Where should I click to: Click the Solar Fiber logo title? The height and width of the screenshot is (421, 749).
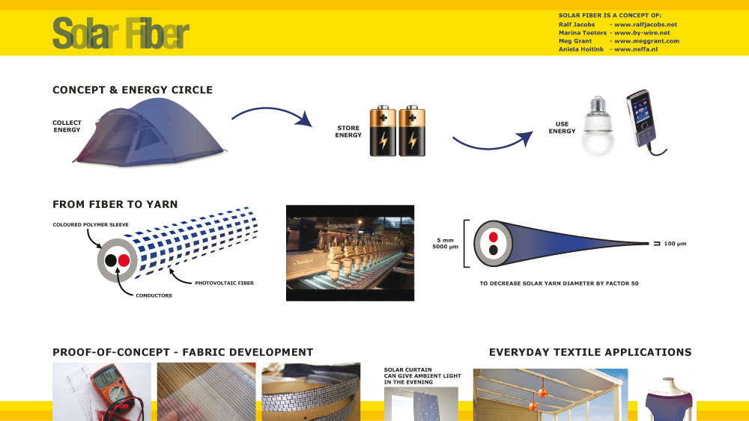coord(121,33)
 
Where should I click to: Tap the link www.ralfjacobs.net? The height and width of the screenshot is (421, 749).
coord(646,25)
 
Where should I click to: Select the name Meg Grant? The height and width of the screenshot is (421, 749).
coord(575,41)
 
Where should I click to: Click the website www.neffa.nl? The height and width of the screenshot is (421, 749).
coord(636,49)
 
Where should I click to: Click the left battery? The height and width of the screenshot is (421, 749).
coord(383,131)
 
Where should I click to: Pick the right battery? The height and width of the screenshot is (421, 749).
coord(412,131)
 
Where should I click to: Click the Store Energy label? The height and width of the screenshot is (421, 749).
coord(348,132)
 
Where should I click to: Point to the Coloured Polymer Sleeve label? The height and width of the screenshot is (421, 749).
coord(91,224)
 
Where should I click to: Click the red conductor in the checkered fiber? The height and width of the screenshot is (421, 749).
coord(124,260)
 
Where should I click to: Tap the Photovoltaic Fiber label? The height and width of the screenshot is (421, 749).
coord(224,283)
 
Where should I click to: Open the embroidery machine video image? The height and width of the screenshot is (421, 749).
coord(350,253)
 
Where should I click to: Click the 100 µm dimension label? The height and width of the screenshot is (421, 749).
coord(675,244)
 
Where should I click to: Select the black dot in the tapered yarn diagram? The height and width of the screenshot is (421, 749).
coord(494,250)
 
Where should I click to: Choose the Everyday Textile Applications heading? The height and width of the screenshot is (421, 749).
coord(590,352)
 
